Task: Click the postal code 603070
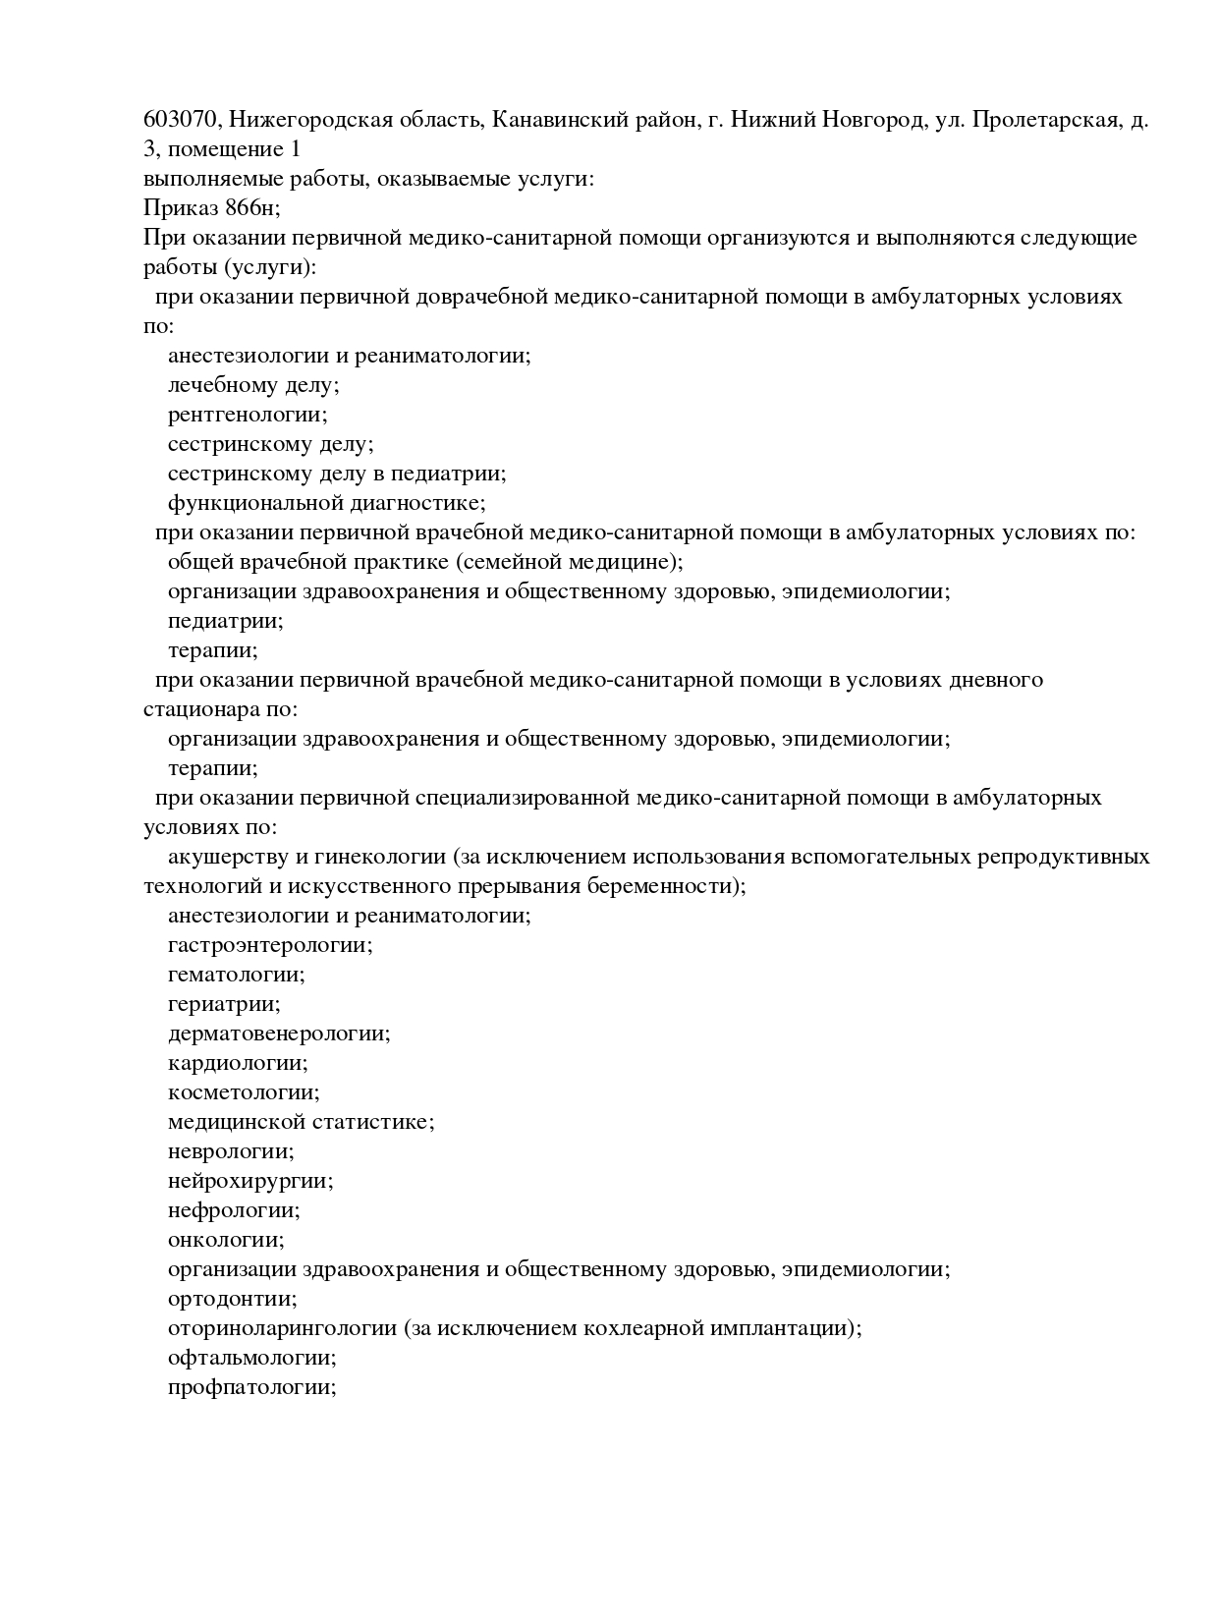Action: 183,121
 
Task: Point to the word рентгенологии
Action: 246,415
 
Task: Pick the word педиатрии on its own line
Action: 224,621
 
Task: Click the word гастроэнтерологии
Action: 268,945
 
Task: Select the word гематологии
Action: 235,975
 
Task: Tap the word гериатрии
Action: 223,1004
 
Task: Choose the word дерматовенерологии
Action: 277,1034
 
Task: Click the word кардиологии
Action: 236,1063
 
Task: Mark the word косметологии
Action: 242,1092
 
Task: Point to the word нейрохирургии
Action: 249,1181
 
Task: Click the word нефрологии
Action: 232,1210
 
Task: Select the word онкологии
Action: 224,1240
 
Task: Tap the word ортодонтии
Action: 231,1299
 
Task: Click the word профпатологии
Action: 250,1387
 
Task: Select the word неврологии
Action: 229,1151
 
